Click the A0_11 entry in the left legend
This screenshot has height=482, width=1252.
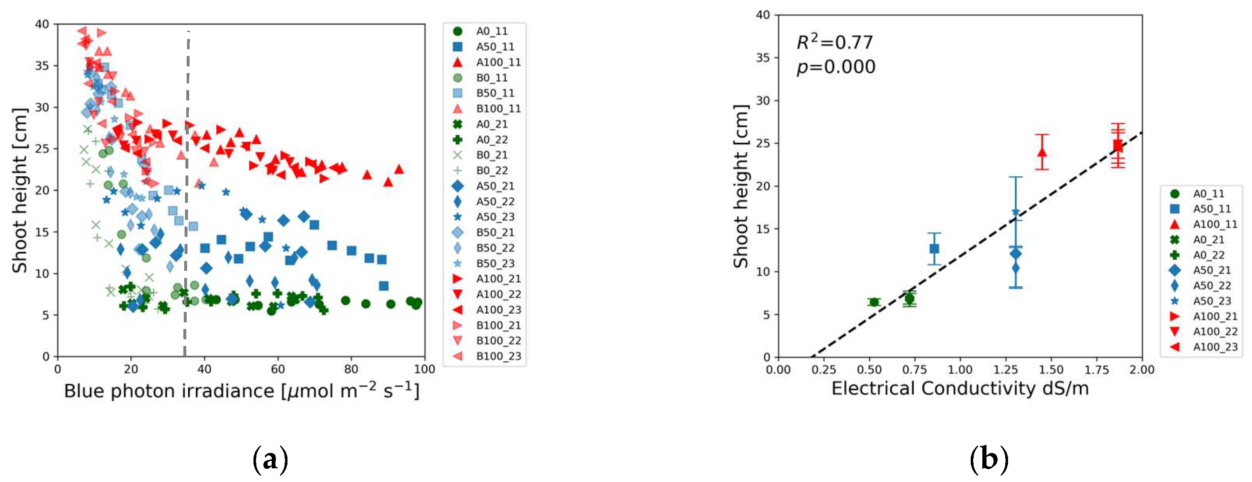(x=491, y=32)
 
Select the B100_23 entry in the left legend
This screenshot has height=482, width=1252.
(x=498, y=356)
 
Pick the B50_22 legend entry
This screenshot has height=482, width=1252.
(x=495, y=248)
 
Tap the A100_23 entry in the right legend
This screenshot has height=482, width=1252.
(x=1215, y=347)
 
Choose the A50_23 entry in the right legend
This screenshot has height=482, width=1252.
(x=1212, y=301)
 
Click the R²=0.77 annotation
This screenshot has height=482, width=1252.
(x=835, y=43)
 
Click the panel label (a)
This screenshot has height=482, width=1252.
(x=270, y=459)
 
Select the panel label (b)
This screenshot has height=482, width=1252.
(x=989, y=459)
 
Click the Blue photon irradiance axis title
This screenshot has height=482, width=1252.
(x=241, y=391)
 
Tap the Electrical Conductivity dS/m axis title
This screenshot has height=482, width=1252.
(x=960, y=389)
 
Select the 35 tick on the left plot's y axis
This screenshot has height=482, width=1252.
(x=42, y=66)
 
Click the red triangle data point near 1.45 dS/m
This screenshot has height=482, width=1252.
(x=1042, y=152)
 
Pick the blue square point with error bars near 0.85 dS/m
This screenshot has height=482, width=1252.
(x=934, y=249)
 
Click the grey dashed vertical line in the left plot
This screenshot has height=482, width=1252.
(x=187, y=195)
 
